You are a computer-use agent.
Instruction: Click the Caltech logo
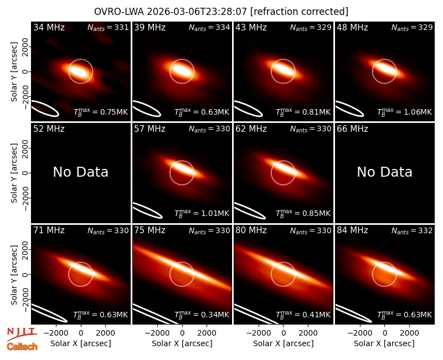point(22,347)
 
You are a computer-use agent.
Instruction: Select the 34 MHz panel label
point(49,27)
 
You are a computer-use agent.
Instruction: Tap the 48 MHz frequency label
point(352,27)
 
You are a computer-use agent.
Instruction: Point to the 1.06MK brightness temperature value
point(417,112)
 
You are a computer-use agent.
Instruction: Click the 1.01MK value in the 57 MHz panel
point(214,213)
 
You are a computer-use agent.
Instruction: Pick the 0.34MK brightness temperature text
point(214,315)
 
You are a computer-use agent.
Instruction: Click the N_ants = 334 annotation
point(209,27)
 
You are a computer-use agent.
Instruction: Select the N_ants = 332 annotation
point(412,230)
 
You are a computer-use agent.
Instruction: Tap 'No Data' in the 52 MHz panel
point(81,172)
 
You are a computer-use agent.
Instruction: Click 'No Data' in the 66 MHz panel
point(384,172)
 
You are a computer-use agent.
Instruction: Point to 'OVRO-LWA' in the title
point(119,12)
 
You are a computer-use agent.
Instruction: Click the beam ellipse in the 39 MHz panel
point(147,109)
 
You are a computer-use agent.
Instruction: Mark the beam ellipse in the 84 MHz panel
point(353,313)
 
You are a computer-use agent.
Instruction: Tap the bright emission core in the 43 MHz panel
point(283,69)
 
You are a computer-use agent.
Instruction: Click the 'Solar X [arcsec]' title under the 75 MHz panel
point(182,343)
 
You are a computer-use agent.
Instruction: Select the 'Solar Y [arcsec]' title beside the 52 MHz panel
point(14,173)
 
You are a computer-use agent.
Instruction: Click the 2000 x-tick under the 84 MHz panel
point(409,333)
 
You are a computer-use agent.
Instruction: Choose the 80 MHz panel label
point(251,230)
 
